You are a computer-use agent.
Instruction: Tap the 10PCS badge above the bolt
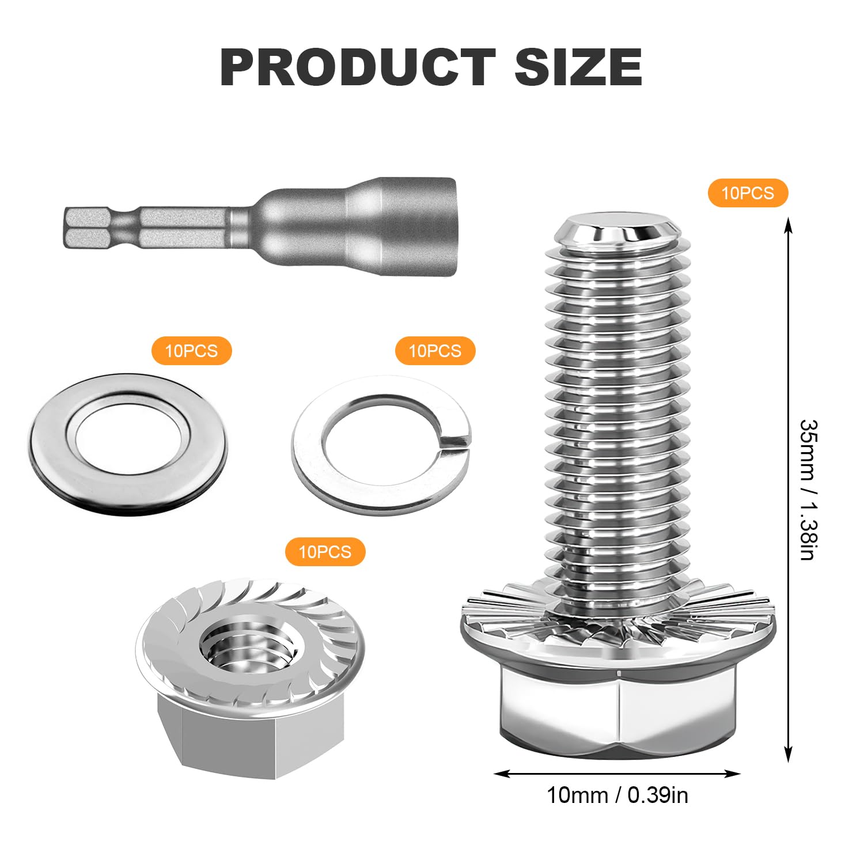(748, 192)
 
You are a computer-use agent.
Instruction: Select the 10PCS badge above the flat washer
(191, 351)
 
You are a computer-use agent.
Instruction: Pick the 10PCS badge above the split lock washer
(435, 351)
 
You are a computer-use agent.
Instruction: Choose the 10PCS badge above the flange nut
(325, 552)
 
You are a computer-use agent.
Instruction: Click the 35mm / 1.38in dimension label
(809, 490)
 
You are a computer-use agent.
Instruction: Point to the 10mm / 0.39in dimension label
(617, 795)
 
